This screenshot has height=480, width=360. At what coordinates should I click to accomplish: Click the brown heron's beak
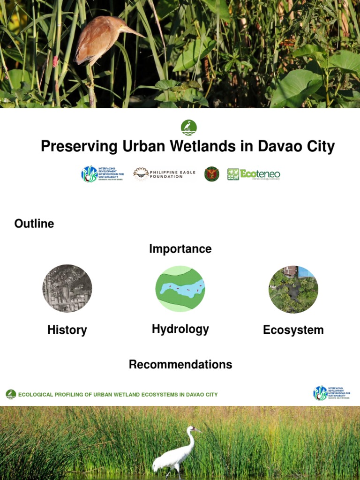134,32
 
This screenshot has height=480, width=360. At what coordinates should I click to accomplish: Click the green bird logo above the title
188,127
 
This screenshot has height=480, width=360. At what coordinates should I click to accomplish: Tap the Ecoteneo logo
254,174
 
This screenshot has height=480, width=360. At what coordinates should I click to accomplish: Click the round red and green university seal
212,174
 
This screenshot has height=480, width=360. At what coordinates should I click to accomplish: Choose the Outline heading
34,224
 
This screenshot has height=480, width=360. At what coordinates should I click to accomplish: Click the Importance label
180,249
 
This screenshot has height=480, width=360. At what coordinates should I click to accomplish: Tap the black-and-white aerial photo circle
67,288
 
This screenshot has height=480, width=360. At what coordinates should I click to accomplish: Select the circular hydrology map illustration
180,289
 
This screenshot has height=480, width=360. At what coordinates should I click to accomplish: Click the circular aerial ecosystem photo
293,289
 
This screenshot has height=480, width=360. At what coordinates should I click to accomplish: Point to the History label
67,330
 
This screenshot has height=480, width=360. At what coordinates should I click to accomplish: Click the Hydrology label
180,329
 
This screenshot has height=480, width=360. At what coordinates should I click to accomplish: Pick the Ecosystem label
293,330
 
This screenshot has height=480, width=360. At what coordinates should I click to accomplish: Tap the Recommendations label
180,364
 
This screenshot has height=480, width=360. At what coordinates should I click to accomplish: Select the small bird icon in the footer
11,394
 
